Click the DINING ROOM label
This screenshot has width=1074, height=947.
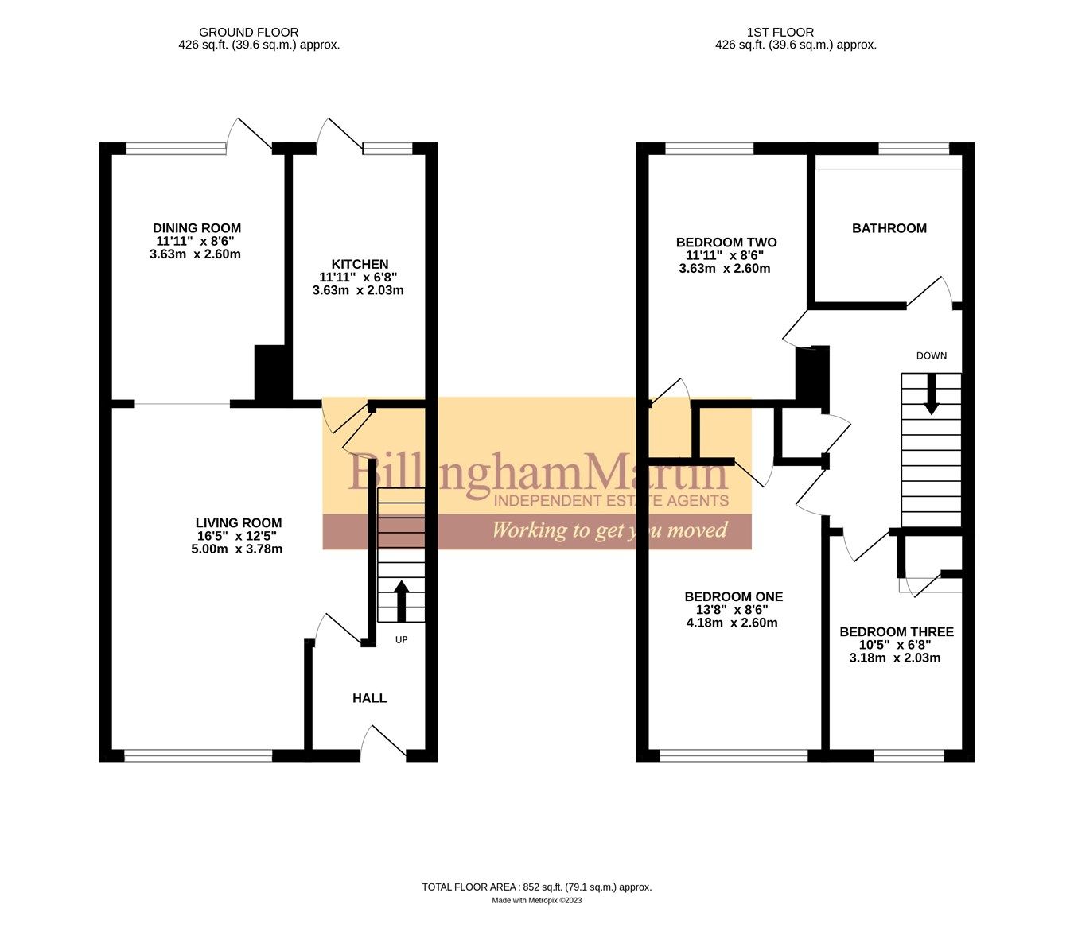197,228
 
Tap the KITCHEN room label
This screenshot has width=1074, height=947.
360,264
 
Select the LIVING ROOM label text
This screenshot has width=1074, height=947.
239,522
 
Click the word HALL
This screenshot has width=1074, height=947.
369,698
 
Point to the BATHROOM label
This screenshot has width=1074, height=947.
889,228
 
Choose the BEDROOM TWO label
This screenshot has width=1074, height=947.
726,243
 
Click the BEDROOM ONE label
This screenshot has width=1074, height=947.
734,596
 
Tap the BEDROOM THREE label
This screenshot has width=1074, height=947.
896,632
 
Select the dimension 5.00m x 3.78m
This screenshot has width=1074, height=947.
237,549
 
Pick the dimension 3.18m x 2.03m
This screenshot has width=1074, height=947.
895,658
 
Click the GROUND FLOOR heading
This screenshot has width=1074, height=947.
248,33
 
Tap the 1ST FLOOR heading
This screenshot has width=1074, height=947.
780,33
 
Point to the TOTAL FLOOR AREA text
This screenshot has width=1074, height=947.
536,887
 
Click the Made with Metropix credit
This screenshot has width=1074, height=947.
536,901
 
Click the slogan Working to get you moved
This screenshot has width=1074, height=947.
609,530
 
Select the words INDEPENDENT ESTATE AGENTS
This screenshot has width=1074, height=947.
611,500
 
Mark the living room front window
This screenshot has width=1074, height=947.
198,755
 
